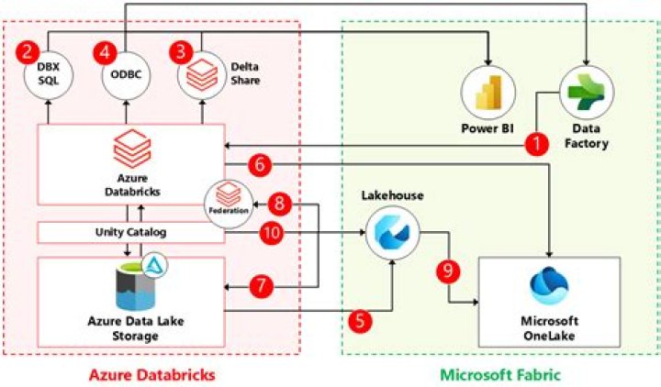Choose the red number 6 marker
[x=259, y=165]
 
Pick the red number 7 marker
[x=263, y=286]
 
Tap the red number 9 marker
[x=447, y=271]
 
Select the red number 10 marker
[x=272, y=233]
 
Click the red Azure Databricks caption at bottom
[x=151, y=374]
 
